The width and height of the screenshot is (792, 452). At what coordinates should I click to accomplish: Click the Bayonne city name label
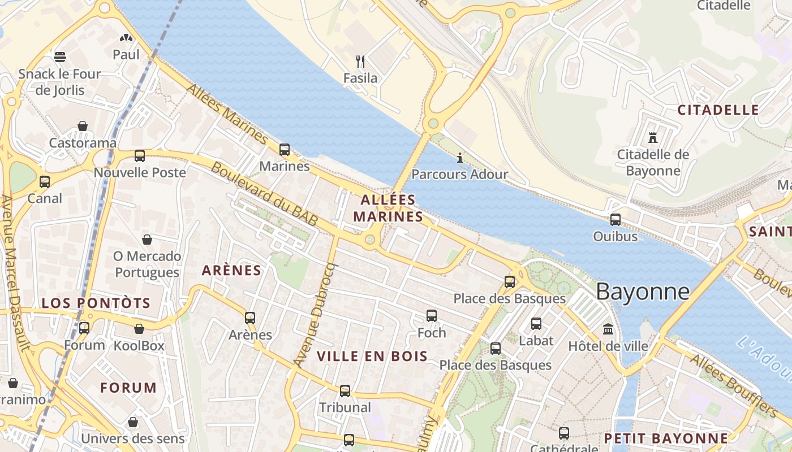[643, 292]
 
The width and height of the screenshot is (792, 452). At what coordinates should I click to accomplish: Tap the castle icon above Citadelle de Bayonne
[653, 137]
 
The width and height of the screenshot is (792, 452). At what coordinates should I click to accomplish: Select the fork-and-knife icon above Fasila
[360, 61]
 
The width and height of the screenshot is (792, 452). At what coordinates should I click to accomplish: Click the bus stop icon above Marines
[285, 150]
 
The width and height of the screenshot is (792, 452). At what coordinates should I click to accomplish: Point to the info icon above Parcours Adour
[459, 158]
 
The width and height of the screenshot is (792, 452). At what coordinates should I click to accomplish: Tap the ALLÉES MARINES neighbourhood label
[388, 208]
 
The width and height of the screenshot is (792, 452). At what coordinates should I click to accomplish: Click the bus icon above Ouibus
[615, 220]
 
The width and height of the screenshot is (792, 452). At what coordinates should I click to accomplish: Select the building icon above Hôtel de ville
[608, 329]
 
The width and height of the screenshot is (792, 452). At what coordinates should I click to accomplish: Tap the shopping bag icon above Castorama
[83, 125]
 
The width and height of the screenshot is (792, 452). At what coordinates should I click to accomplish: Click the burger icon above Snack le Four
[60, 56]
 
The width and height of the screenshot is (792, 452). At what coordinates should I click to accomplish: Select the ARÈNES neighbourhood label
[231, 271]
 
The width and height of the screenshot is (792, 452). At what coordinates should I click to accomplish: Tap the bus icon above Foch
[432, 316]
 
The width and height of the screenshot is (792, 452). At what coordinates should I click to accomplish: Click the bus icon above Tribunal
[345, 390]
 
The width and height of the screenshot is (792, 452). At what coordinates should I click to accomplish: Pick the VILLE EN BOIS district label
[372, 356]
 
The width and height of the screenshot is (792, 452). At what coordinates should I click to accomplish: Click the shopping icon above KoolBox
[139, 329]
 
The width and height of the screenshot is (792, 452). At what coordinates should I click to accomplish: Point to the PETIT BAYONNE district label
[666, 438]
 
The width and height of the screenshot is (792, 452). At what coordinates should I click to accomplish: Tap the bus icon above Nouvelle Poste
[139, 156]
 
